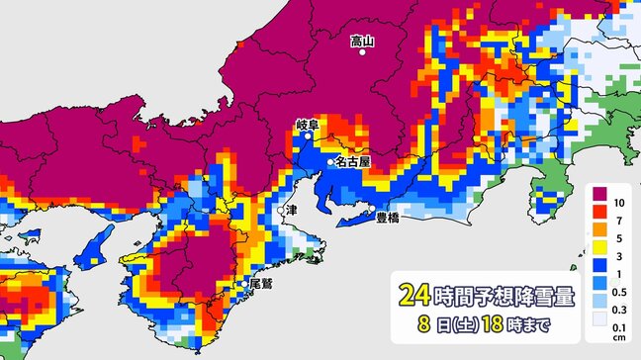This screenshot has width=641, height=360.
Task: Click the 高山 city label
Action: coord(363,41)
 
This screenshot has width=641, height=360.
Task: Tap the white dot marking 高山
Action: coord(363,53)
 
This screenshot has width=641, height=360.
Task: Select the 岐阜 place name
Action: coord(308,126)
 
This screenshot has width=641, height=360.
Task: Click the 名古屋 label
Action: coord(353,160)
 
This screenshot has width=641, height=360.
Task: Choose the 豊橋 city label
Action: coord(388,219)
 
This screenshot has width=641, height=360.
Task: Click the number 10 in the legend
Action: coord(617,202)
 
